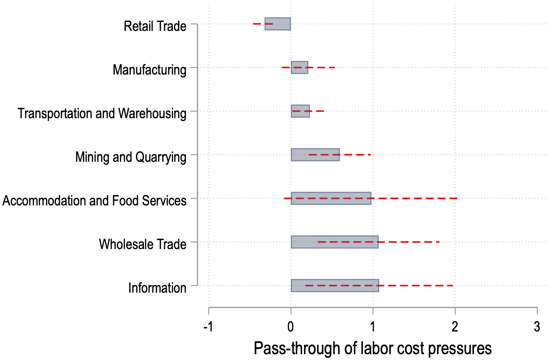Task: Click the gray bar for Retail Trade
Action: pyautogui.click(x=278, y=24)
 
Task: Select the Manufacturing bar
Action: pyautogui.click(x=299, y=67)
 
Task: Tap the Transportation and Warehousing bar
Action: pyautogui.click(x=300, y=111)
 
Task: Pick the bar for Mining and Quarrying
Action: pyautogui.click(x=315, y=155)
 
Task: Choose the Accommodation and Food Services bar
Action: pyautogui.click(x=331, y=198)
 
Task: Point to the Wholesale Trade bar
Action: pyautogui.click(x=334, y=242)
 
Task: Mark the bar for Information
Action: pyautogui.click(x=335, y=285)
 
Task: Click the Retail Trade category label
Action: pyautogui.click(x=155, y=26)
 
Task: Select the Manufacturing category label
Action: pyautogui.click(x=150, y=70)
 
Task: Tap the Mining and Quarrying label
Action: pyautogui.click(x=131, y=157)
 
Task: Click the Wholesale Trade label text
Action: pyautogui.click(x=143, y=244)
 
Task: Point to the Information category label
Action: pyautogui.click(x=157, y=288)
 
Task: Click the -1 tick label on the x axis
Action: pyautogui.click(x=208, y=327)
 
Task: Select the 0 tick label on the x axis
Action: pyautogui.click(x=291, y=327)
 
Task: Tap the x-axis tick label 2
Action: pyautogui.click(x=455, y=327)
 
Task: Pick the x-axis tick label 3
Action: pyautogui.click(x=537, y=327)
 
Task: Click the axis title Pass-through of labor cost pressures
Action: pyautogui.click(x=373, y=348)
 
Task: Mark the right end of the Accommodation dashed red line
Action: pyautogui.click(x=457, y=198)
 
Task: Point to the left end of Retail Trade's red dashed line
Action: pyautogui.click(x=253, y=24)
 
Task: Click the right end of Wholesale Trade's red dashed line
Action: pyautogui.click(x=440, y=242)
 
